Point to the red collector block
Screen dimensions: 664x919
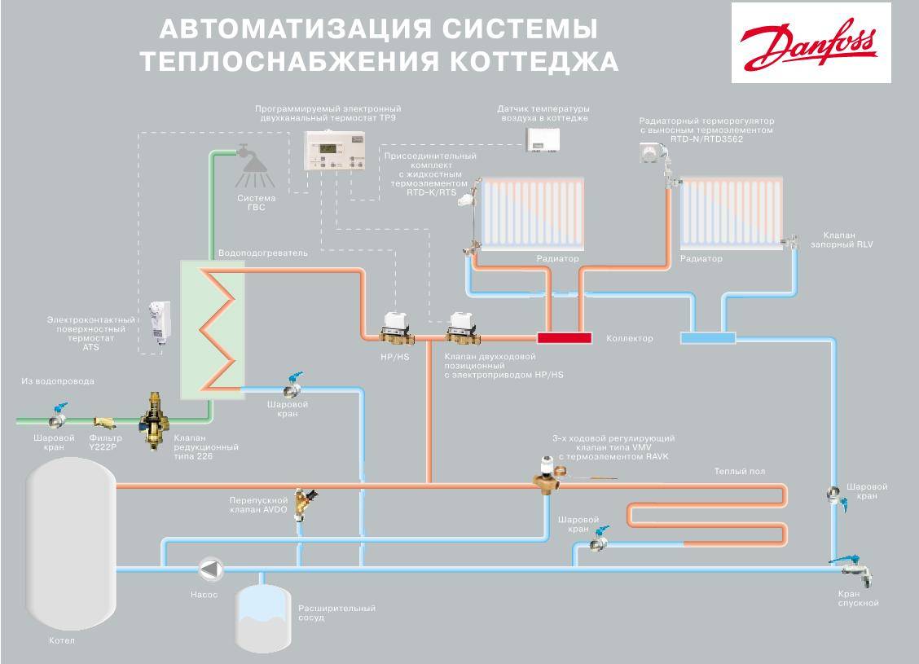pyautogui.click(x=564, y=336)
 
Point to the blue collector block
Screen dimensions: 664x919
pyautogui.click(x=706, y=336)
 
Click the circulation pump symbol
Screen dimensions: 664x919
pyautogui.click(x=211, y=569)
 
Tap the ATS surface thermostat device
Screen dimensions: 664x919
pyautogui.click(x=159, y=323)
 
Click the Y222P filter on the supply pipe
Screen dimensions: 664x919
pyautogui.click(x=104, y=422)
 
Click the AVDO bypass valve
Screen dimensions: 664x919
pyautogui.click(x=306, y=504)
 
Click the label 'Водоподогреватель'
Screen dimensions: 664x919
pyautogui.click(x=263, y=253)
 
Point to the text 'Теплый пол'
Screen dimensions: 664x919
pyautogui.click(x=739, y=471)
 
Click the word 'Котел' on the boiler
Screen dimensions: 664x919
pyautogui.click(x=61, y=641)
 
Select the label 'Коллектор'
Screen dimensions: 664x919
pyautogui.click(x=629, y=338)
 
